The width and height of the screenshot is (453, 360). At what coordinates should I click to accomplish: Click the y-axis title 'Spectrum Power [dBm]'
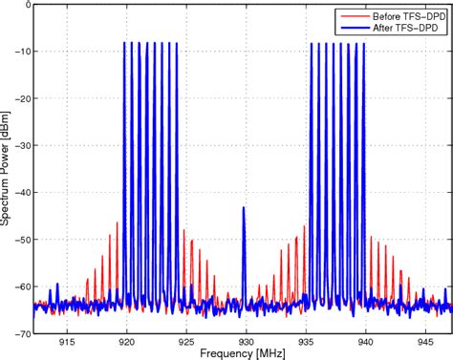[7, 168]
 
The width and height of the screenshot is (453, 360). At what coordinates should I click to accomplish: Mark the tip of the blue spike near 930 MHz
[244, 207]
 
